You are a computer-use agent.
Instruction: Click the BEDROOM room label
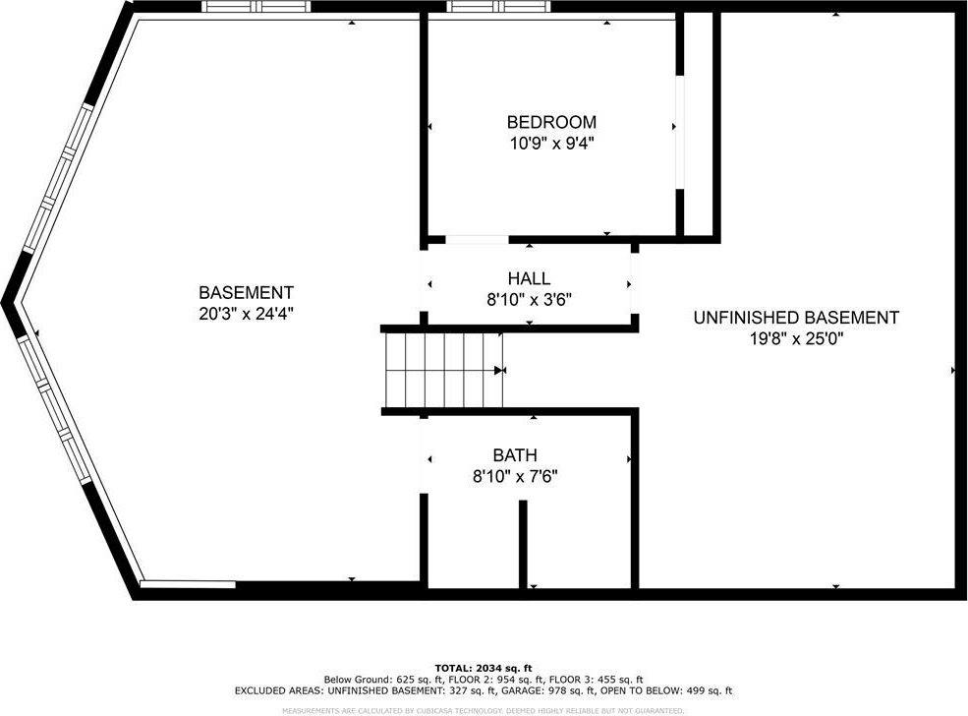coord(550,122)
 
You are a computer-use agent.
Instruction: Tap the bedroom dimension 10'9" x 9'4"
coord(550,143)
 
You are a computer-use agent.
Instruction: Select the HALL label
coord(529,279)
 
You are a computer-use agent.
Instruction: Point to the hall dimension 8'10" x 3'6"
coord(529,300)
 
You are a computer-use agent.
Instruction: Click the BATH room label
coord(515,455)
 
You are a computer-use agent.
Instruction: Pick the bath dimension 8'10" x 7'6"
coord(515,476)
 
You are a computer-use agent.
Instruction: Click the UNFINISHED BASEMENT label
coord(795,318)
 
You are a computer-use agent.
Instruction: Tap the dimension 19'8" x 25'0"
coord(795,338)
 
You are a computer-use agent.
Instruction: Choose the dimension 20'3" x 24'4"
coord(246,313)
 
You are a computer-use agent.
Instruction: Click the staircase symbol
coord(443,370)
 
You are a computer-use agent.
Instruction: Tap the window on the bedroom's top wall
coord(491,7)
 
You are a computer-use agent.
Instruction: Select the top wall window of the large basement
coord(256,7)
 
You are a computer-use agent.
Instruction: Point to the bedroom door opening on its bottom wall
coord(477,239)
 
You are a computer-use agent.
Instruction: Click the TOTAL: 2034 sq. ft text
coord(484,668)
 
